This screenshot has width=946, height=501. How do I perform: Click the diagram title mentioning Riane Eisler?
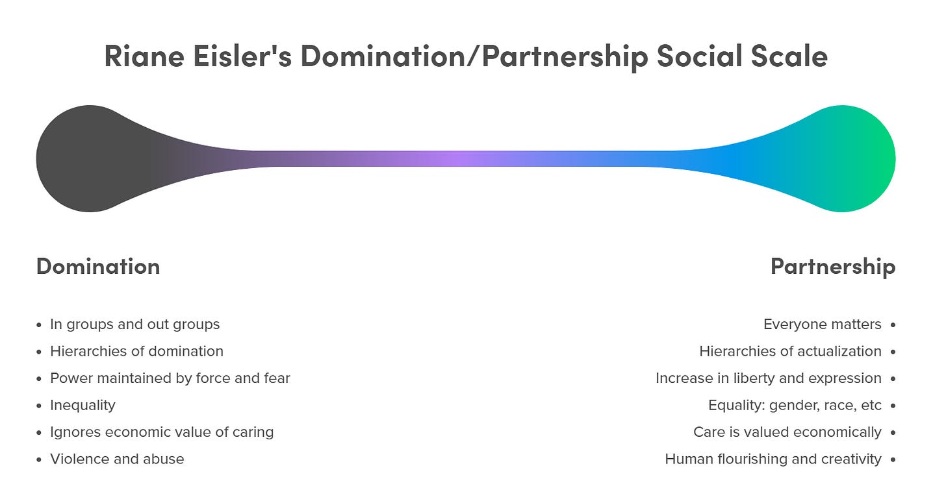pyautogui.click(x=465, y=56)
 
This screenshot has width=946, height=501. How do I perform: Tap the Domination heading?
pyautogui.click(x=98, y=267)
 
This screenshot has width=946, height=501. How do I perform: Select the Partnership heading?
pyautogui.click(x=832, y=267)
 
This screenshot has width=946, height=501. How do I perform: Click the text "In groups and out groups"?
pyautogui.click(x=134, y=324)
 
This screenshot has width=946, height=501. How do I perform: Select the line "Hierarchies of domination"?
pyautogui.click(x=136, y=351)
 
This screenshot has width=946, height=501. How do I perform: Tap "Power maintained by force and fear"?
pyautogui.click(x=170, y=378)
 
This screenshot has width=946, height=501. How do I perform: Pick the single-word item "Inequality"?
pyautogui.click(x=83, y=405)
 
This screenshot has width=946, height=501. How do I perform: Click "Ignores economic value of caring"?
pyautogui.click(x=162, y=432)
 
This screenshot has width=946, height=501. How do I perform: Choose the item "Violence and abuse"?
pyautogui.click(x=117, y=459)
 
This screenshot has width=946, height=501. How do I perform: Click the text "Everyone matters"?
pyautogui.click(x=822, y=324)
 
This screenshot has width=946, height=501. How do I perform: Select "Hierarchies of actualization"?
pyautogui.click(x=790, y=351)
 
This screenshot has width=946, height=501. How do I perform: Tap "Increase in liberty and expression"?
pyautogui.click(x=768, y=378)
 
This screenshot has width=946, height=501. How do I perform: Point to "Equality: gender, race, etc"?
pyautogui.click(x=795, y=405)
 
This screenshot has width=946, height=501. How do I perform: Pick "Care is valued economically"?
pyautogui.click(x=787, y=432)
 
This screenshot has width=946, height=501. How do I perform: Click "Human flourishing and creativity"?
pyautogui.click(x=773, y=459)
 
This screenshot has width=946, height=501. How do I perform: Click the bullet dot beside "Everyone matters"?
pyautogui.click(x=893, y=324)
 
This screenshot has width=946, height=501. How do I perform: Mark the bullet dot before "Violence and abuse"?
pyautogui.click(x=40, y=459)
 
